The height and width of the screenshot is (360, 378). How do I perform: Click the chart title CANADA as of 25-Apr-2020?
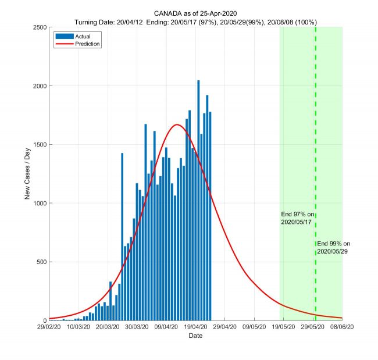click(195, 13)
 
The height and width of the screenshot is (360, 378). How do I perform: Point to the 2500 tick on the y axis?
click(40, 27)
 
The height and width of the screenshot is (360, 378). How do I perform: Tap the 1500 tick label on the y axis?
click(40, 145)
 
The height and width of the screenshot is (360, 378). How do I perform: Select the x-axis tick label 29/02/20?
click(49, 327)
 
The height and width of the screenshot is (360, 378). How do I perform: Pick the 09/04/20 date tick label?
click(166, 327)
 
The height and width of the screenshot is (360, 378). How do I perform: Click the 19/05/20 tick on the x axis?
click(283, 327)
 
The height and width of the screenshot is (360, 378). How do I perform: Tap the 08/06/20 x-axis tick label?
click(342, 327)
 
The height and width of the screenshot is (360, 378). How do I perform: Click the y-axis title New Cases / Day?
click(27, 173)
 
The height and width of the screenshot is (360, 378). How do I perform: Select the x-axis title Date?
click(195, 336)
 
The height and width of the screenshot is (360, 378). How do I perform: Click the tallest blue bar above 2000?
click(198, 174)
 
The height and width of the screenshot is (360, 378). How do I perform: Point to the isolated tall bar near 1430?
click(122, 233)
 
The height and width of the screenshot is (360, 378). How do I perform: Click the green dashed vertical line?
click(316, 145)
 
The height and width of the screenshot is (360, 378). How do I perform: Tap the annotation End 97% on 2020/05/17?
click(298, 218)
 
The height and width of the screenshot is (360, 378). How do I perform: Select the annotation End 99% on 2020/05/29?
click(334, 248)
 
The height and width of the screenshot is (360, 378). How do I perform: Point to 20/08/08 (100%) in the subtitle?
click(290, 22)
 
